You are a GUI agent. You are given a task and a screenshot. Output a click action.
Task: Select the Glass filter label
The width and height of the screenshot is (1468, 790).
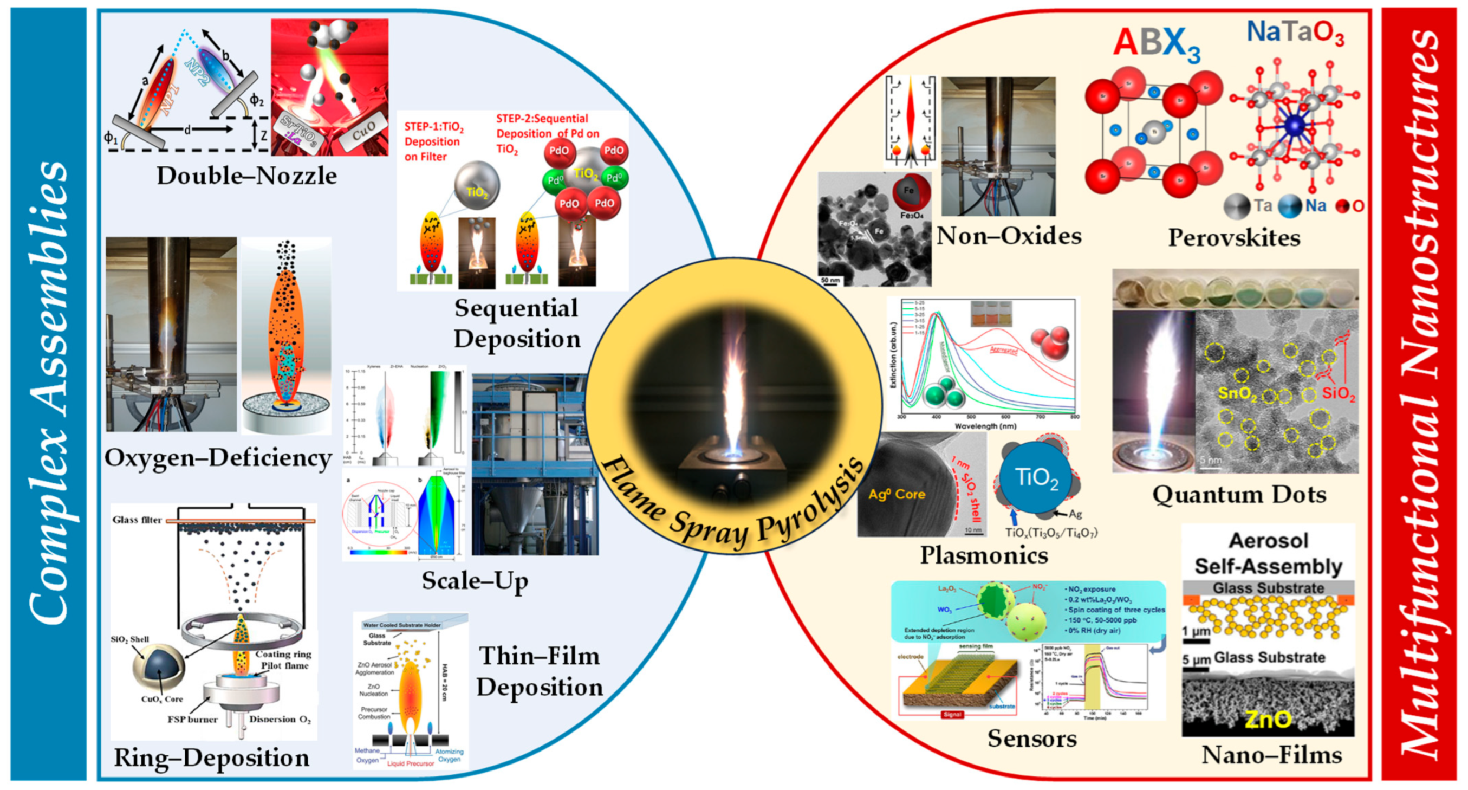(x=137, y=520)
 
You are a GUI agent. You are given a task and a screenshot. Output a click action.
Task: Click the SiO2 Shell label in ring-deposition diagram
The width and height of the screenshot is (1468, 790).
(x=129, y=639)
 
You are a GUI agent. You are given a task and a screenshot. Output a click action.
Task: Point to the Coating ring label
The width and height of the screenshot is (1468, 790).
(x=283, y=654)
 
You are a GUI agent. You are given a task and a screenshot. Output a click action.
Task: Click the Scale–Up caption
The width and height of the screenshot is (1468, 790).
(x=474, y=581)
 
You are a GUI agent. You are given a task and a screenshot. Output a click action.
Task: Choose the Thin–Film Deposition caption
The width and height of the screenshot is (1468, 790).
(x=539, y=671)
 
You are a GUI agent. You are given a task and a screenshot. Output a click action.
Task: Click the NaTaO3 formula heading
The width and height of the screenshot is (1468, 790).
(x=1295, y=33)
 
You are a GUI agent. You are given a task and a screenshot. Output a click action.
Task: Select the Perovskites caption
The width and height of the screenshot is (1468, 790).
(x=1234, y=238)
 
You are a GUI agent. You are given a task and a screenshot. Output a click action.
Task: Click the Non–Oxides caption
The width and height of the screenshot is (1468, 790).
(x=1009, y=235)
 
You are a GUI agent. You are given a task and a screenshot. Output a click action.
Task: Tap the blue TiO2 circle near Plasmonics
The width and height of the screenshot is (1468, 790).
(x=1036, y=478)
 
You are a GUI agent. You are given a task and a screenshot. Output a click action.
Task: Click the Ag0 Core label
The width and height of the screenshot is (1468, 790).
(x=897, y=494)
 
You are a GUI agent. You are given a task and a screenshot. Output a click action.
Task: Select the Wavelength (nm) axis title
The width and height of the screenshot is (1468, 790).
(x=985, y=426)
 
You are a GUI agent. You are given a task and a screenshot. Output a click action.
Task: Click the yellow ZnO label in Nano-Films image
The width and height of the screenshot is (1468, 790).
(x=1268, y=720)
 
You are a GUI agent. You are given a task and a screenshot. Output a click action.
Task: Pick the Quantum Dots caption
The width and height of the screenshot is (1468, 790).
(x=1239, y=494)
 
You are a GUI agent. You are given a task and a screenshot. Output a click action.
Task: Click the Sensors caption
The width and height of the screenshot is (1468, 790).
(x=1031, y=739)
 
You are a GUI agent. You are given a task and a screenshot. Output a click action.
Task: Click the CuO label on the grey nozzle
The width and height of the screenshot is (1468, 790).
(x=363, y=132)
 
